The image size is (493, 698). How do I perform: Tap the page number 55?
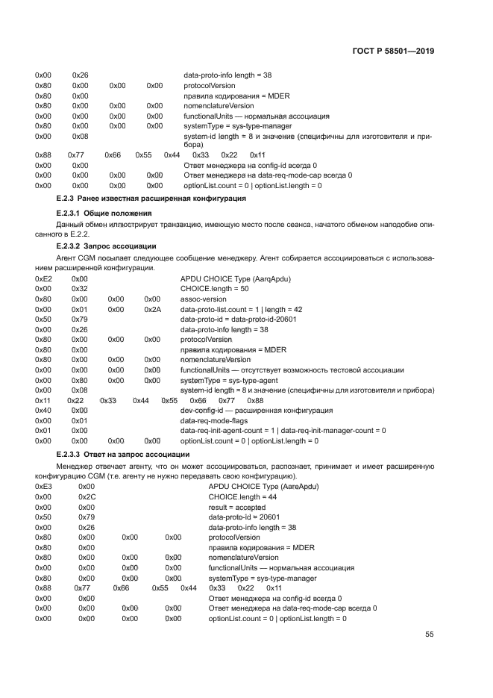[429, 635]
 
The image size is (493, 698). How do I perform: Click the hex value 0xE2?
[43, 278]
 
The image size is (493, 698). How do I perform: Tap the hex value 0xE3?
[43, 486]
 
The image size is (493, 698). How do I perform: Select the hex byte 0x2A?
[152, 308]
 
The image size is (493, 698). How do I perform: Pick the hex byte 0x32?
[80, 288]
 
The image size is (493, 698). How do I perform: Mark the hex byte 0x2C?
[87, 496]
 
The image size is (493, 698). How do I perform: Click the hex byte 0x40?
[43, 411]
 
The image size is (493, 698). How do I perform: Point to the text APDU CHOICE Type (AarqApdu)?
[235, 278]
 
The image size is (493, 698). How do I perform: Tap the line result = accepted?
[237, 507]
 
